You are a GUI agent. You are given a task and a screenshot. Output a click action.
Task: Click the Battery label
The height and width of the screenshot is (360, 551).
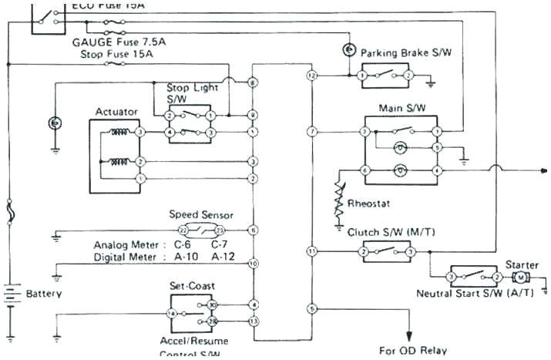[44, 294]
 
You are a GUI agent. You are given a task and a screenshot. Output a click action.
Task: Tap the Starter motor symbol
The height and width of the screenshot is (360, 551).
[521, 277]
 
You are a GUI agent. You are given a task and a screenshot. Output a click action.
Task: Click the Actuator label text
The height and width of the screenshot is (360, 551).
[116, 112]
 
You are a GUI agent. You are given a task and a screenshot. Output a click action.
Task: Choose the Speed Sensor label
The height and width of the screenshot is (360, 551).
[201, 215]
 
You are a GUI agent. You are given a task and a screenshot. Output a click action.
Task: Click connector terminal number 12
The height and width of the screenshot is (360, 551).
[311, 76]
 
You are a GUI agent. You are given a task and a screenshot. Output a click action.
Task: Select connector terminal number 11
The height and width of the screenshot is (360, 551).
[311, 251]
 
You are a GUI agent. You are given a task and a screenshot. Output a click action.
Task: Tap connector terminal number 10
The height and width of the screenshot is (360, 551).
[254, 264]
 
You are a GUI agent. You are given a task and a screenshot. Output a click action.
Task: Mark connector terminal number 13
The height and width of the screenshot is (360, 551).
[254, 320]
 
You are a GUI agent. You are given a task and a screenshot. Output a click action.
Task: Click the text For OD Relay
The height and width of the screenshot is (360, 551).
[413, 350]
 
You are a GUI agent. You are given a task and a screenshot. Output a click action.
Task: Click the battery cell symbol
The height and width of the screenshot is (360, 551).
[11, 294]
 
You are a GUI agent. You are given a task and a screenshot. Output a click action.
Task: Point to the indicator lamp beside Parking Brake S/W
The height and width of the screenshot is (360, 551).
[348, 50]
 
